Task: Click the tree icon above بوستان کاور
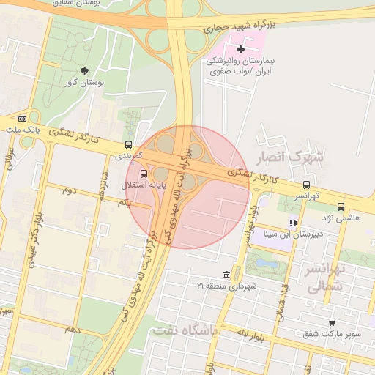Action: (x=84, y=71)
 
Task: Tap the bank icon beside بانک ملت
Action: (x=22, y=119)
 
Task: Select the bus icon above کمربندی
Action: (x=129, y=144)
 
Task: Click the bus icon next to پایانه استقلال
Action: (x=144, y=174)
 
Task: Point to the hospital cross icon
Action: (x=241, y=48)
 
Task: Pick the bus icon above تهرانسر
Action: (x=306, y=185)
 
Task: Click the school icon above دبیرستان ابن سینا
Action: (x=293, y=223)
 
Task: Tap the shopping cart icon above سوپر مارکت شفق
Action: (x=333, y=322)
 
